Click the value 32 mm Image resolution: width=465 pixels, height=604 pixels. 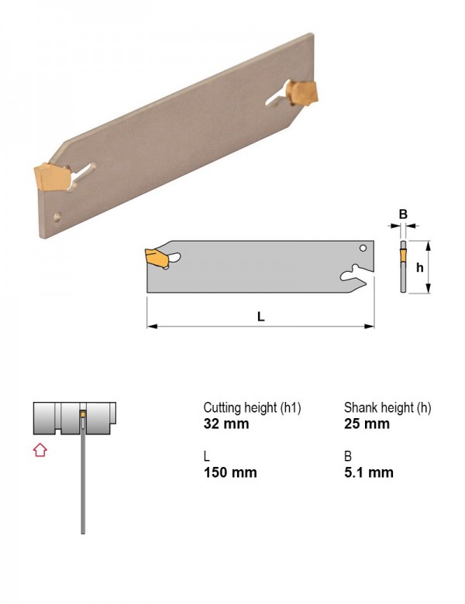[226, 424]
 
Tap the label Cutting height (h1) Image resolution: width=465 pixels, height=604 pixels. [252, 407]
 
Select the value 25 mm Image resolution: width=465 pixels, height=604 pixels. [367, 424]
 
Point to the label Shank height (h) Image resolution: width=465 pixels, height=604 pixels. [387, 407]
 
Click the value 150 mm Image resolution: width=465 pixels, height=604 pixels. [230, 472]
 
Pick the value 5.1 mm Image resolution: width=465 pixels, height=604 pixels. [369, 472]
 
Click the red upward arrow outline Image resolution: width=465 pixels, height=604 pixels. [40, 450]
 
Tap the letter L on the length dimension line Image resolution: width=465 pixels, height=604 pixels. [261, 317]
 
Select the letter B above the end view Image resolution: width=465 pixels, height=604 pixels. [403, 214]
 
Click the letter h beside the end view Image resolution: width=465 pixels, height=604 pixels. [420, 267]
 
